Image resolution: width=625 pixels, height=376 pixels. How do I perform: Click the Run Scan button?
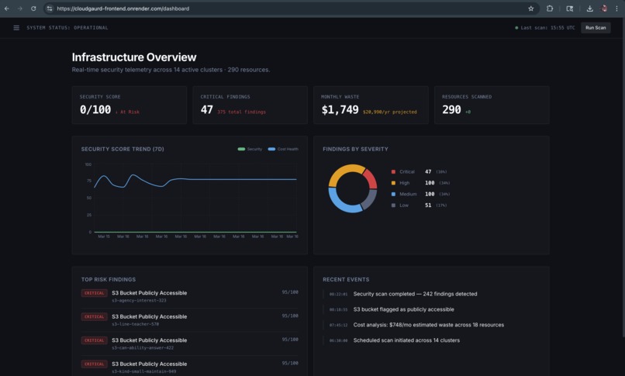click(x=596, y=28)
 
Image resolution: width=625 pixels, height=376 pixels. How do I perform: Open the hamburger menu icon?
click(x=16, y=28)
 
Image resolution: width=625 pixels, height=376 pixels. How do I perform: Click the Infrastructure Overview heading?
click(x=134, y=57)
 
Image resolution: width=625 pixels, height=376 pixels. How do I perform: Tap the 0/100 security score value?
click(x=95, y=110)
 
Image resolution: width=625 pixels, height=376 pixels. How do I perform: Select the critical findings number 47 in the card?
click(x=206, y=110)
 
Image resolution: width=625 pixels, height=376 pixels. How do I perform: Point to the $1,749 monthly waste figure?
click(x=340, y=110)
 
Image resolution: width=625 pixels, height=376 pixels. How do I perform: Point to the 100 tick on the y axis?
click(x=88, y=164)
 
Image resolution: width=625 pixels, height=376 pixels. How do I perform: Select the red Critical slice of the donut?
click(x=371, y=178)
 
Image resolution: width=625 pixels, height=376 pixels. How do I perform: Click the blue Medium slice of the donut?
click(x=344, y=204)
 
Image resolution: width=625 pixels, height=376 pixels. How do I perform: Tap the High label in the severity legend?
click(x=404, y=183)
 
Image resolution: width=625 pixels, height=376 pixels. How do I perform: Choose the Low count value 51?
click(x=429, y=205)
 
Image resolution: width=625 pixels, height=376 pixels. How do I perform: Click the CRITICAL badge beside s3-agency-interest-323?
click(x=95, y=293)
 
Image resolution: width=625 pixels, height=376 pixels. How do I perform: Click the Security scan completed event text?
click(x=415, y=294)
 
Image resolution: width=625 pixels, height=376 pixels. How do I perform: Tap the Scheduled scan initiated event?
click(x=406, y=340)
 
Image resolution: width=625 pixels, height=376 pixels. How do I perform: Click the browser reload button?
click(x=33, y=9)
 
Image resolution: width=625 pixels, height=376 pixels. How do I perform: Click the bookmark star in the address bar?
click(x=531, y=9)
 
